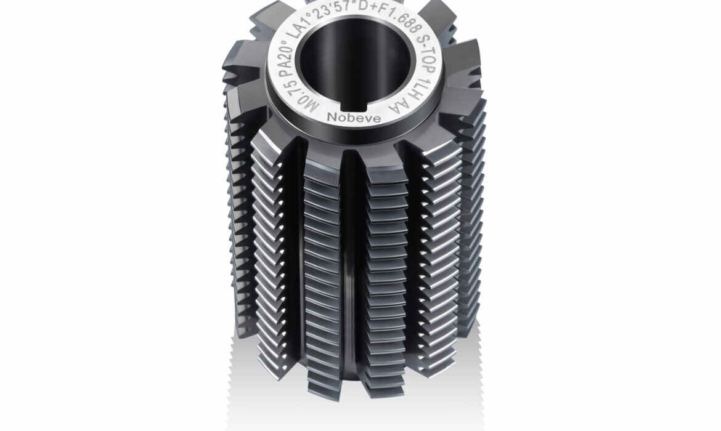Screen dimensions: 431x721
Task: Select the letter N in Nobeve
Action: click(x=332, y=116)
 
